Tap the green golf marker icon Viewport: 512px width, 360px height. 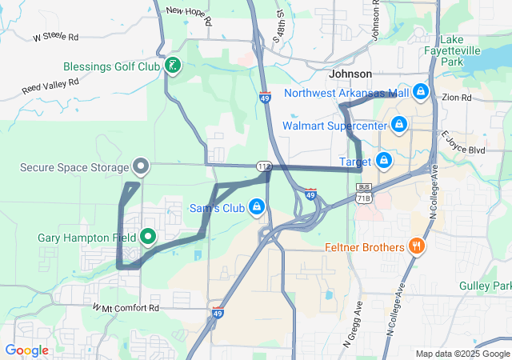[x=172, y=66]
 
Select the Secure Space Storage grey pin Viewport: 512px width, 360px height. [x=142, y=166]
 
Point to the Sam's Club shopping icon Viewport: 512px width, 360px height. [x=256, y=207]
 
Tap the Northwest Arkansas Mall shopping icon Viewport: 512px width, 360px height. [x=420, y=92]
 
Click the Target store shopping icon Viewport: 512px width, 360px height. [x=384, y=160]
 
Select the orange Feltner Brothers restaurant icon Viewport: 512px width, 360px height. [x=416, y=246]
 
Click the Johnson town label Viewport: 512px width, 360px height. [x=350, y=74]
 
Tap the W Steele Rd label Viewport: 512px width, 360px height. [x=56, y=38]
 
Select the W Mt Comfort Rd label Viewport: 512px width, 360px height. [x=126, y=307]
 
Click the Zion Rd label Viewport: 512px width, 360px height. [x=456, y=98]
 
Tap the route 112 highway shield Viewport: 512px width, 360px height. [x=263, y=166]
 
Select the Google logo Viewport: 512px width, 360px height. [x=26, y=350]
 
